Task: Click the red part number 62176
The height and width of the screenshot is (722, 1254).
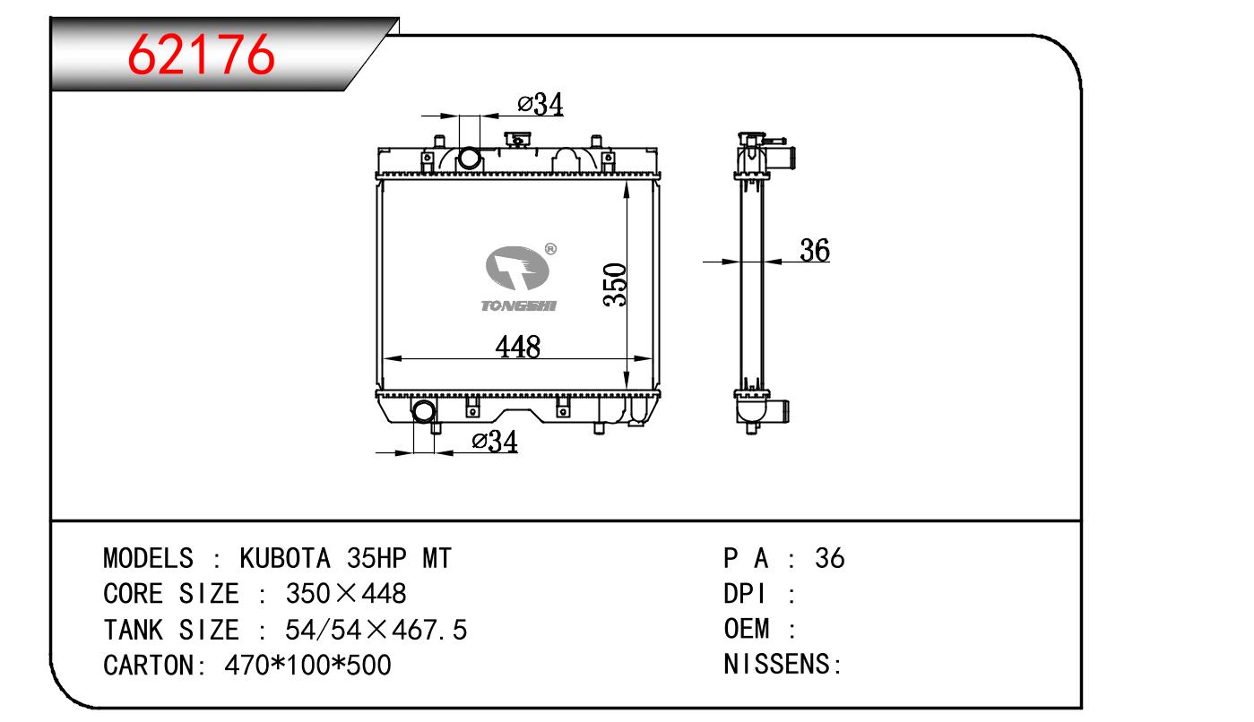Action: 201,55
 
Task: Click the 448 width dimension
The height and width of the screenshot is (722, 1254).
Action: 518,347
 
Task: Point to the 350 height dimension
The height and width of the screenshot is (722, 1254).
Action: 615,285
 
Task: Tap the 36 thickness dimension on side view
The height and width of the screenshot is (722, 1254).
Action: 815,250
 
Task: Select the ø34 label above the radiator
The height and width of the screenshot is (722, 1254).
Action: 541,105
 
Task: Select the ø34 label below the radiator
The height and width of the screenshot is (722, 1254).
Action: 495,442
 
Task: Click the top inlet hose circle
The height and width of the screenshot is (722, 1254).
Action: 469,158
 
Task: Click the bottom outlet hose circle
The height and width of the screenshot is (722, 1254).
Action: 424,411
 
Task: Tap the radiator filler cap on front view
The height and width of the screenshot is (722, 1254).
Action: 519,139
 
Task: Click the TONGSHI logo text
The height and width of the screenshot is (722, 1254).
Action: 518,305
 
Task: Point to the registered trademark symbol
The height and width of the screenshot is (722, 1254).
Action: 550,249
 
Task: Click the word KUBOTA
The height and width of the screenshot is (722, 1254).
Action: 285,558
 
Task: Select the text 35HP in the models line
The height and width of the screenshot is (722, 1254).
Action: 376,558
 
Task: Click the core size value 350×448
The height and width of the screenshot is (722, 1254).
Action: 346,593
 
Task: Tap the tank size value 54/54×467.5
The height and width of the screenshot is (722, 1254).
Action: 376,630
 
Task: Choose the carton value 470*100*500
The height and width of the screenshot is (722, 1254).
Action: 308,665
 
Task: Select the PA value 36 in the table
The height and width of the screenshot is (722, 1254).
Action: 830,558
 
